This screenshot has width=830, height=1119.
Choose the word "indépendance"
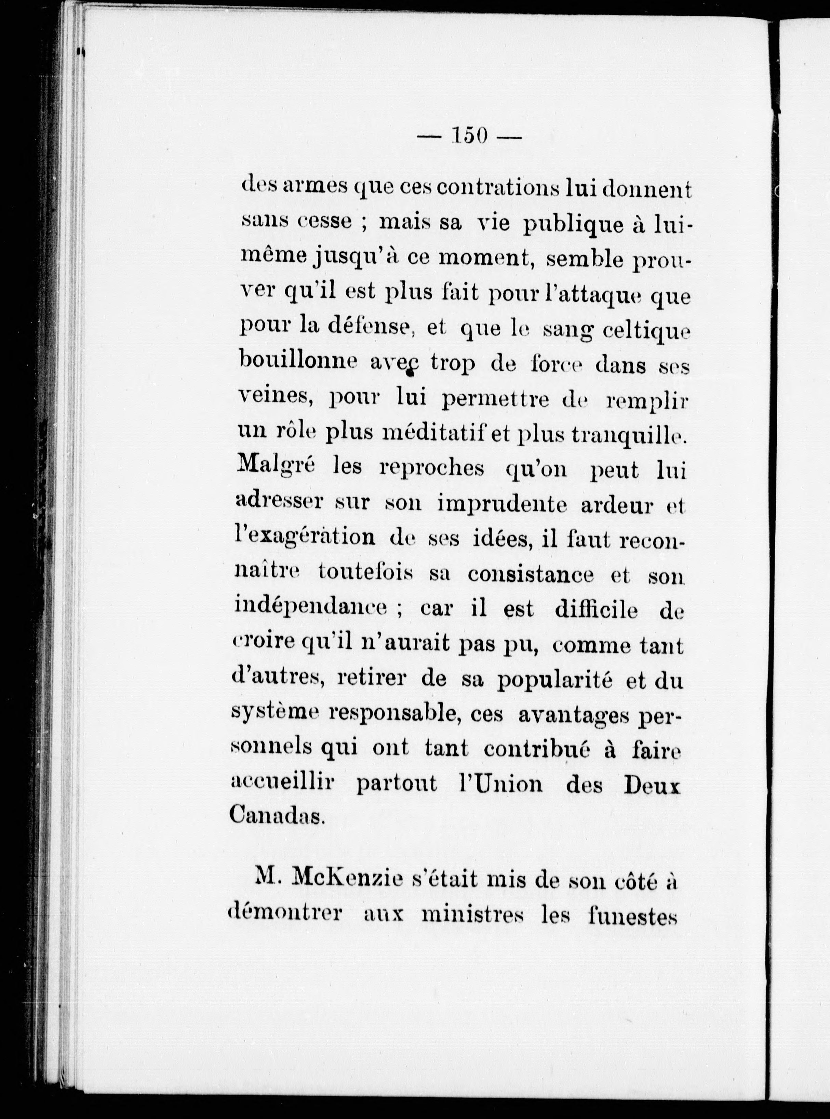[x=310, y=610]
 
